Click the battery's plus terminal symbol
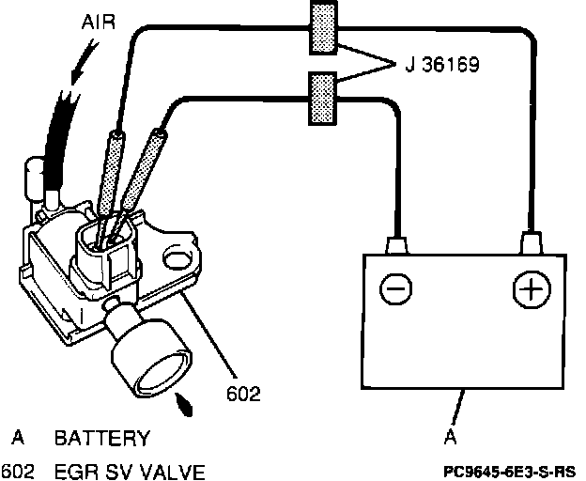(531, 288)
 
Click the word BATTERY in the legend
(101, 439)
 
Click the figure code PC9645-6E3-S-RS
(512, 469)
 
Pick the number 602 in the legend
(18, 471)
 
